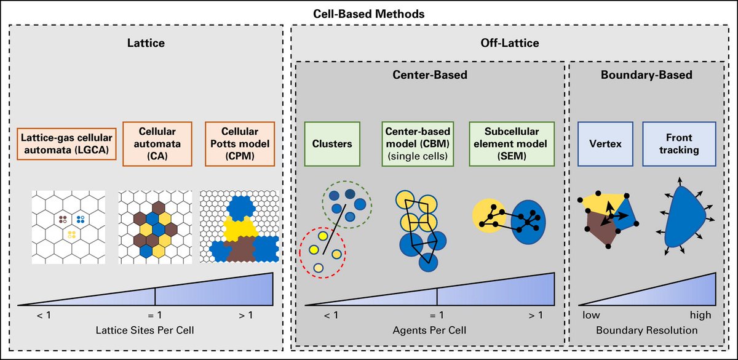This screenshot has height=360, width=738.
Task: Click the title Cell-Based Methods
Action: pyautogui.click(x=369, y=12)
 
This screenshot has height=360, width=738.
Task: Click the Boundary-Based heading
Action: pyautogui.click(x=645, y=75)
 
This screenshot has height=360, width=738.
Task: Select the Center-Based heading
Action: pyautogui.click(x=429, y=75)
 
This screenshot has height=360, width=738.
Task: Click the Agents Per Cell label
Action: pyautogui.click(x=429, y=330)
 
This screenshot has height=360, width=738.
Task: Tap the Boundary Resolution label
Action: pyautogui.click(x=646, y=330)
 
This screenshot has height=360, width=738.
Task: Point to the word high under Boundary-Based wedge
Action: pyautogui.click(x=700, y=315)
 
